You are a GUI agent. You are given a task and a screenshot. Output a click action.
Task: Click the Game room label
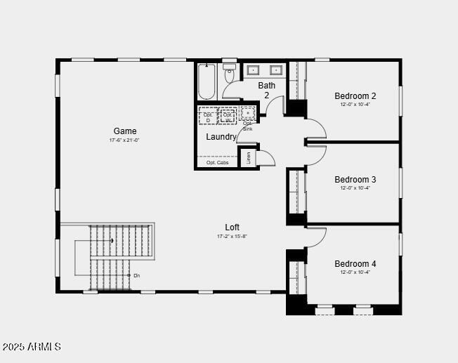click(125, 131)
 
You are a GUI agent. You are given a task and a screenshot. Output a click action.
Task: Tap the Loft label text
click(232, 227)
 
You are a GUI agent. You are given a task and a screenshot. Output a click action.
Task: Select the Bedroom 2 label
click(355, 96)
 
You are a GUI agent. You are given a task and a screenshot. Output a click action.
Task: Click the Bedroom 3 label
click(355, 180)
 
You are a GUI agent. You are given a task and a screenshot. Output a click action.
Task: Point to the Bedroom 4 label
click(355, 264)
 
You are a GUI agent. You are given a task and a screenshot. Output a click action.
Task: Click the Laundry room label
click(221, 137)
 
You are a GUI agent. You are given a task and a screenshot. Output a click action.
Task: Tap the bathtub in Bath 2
click(207, 81)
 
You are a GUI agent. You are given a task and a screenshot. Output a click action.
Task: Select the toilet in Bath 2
click(230, 73)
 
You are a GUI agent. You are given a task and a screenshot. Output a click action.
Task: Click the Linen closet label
click(248, 158)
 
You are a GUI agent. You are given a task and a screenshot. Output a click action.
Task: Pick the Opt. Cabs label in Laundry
click(217, 163)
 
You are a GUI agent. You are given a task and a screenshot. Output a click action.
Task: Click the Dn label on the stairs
click(136, 276)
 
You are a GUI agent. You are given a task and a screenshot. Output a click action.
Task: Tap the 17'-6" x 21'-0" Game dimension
click(125, 140)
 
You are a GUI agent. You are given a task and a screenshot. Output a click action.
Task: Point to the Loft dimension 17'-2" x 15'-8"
click(232, 237)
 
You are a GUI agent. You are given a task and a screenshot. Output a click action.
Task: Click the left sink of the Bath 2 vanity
click(254, 70)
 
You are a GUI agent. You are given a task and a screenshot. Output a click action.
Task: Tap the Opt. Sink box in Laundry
click(247, 114)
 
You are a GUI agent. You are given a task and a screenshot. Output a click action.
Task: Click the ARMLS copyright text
click(32, 347)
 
